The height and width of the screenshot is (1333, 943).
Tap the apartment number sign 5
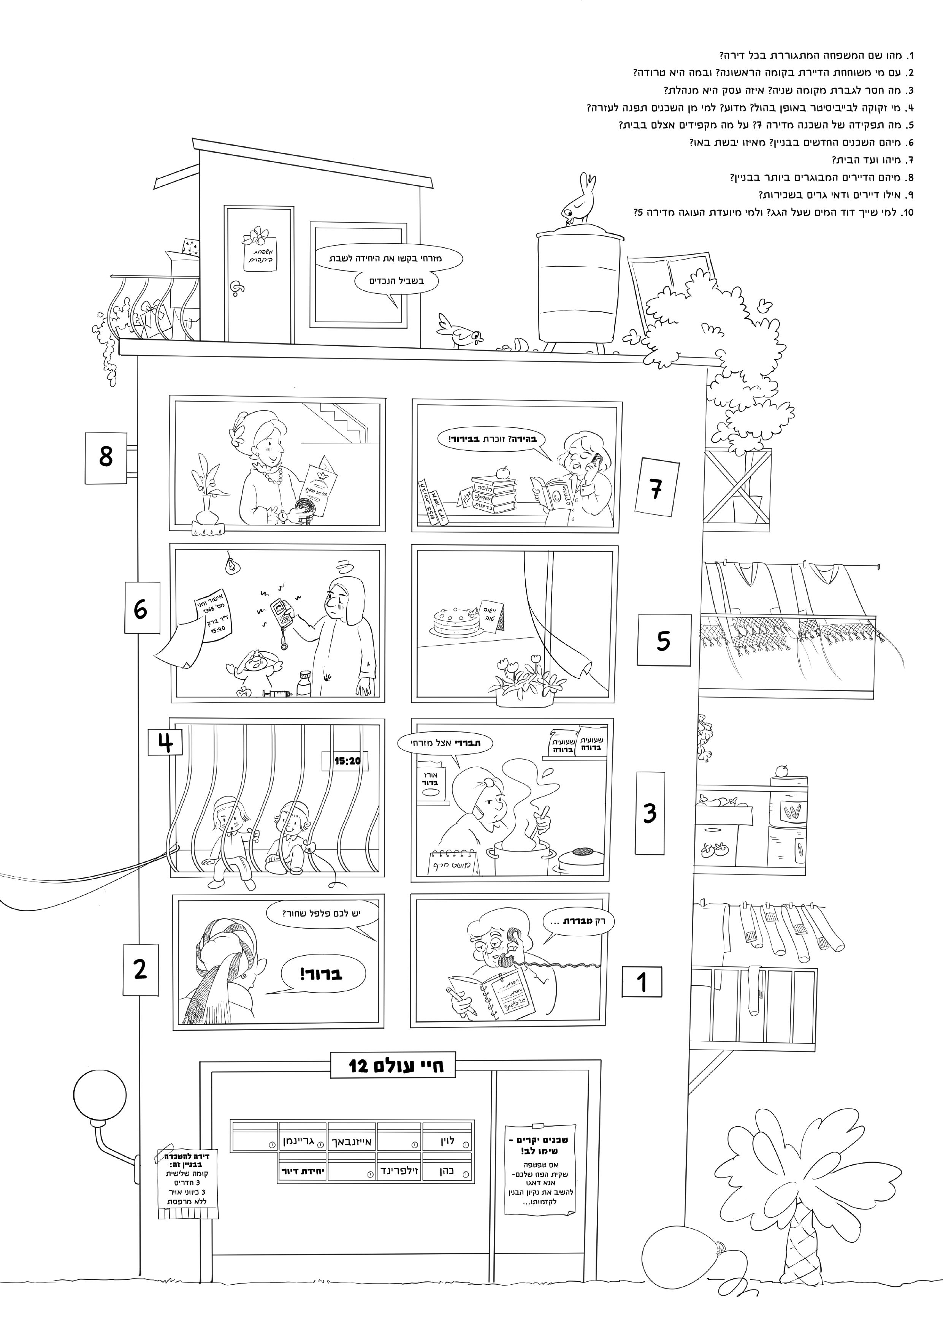(664, 640)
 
